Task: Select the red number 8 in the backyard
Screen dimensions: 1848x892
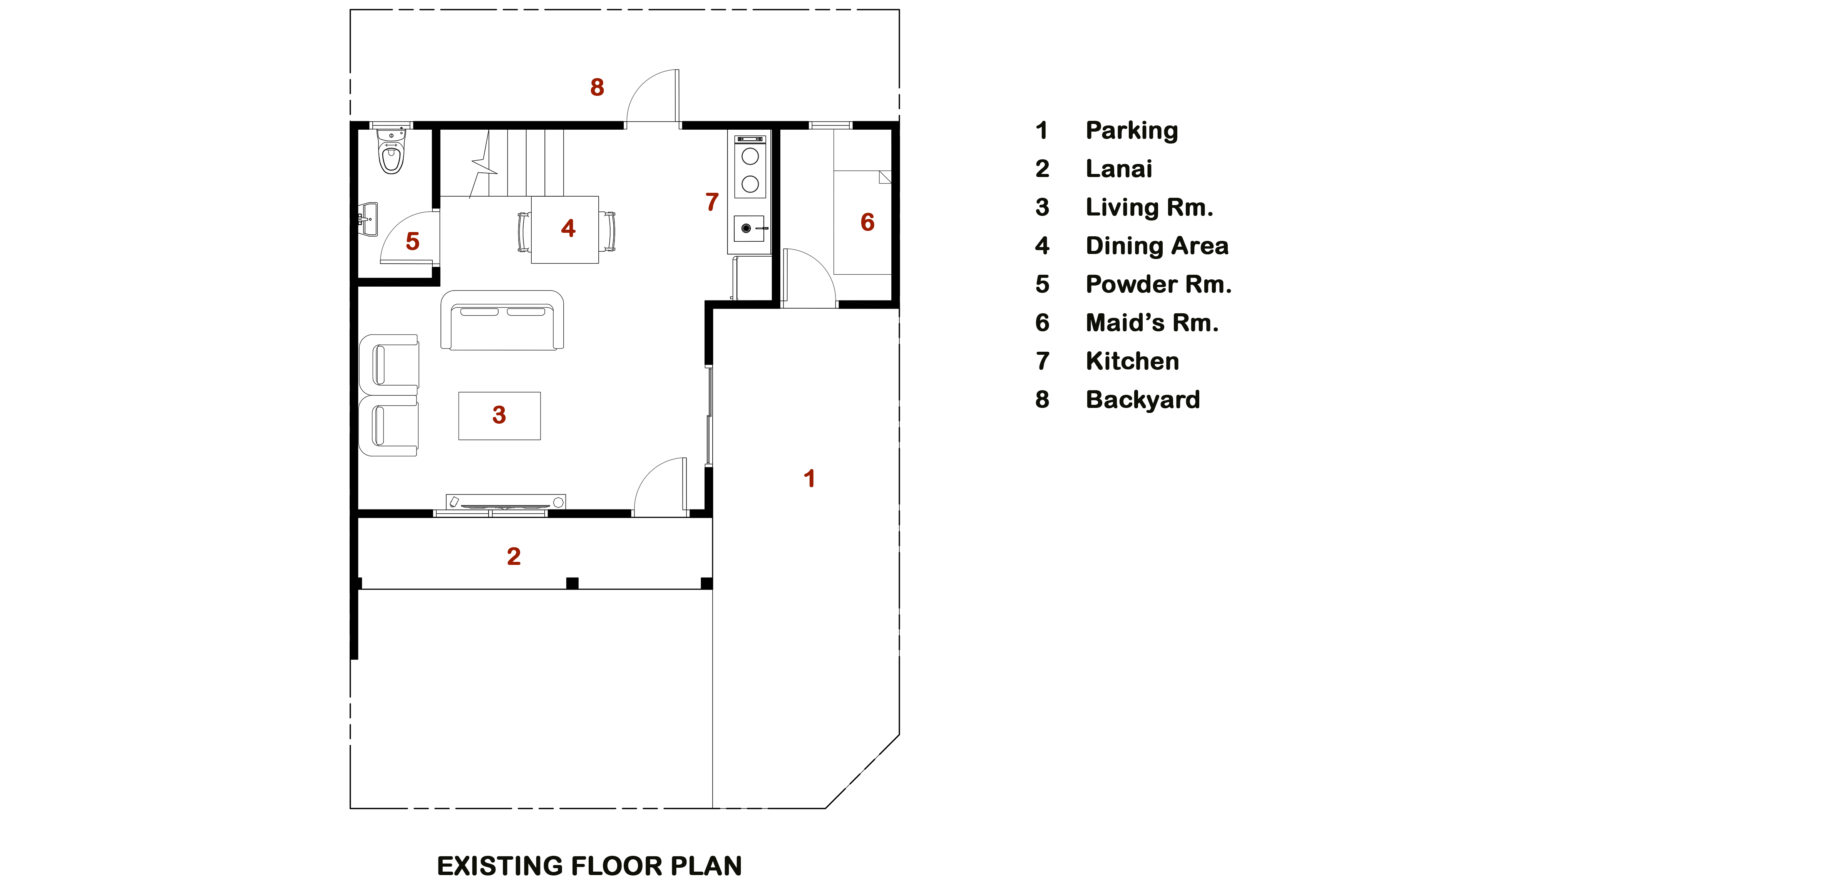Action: pyautogui.click(x=597, y=87)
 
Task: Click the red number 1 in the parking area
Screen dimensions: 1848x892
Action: pyautogui.click(x=809, y=478)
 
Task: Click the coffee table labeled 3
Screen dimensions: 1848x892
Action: pyautogui.click(x=499, y=416)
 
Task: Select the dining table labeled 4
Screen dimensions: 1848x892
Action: pyautogui.click(x=564, y=229)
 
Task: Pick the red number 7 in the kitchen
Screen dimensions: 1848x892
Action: pyautogui.click(x=711, y=202)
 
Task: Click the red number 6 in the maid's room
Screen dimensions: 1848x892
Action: pyautogui.click(x=867, y=222)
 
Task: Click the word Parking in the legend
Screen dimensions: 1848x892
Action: pyautogui.click(x=1132, y=130)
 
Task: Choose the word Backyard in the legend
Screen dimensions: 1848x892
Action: pyautogui.click(x=1143, y=399)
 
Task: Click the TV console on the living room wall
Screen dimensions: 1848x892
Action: pyautogui.click(x=506, y=502)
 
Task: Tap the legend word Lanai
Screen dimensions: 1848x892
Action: pyautogui.click(x=1118, y=169)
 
